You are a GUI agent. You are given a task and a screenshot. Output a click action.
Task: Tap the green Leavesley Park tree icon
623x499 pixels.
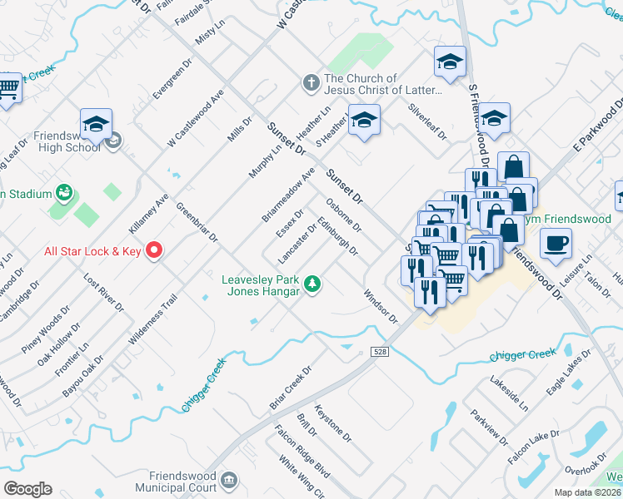coord(313,284)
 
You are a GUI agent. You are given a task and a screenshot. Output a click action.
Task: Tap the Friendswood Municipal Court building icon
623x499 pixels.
coord(230,480)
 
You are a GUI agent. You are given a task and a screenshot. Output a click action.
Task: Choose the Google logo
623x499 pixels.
coord(27,489)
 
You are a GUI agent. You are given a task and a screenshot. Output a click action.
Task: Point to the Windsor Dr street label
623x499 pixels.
coord(380,305)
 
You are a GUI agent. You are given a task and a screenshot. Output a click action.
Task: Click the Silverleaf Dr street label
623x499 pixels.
coord(427,121)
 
